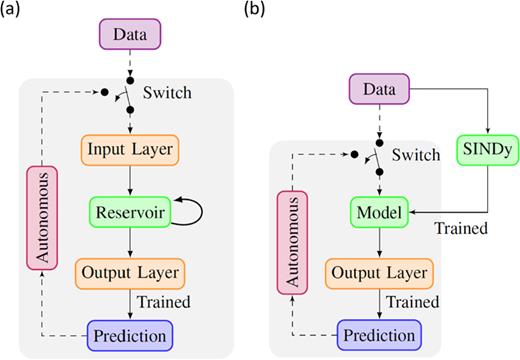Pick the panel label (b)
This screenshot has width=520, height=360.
click(266, 14)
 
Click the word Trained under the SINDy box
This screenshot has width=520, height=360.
click(461, 228)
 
